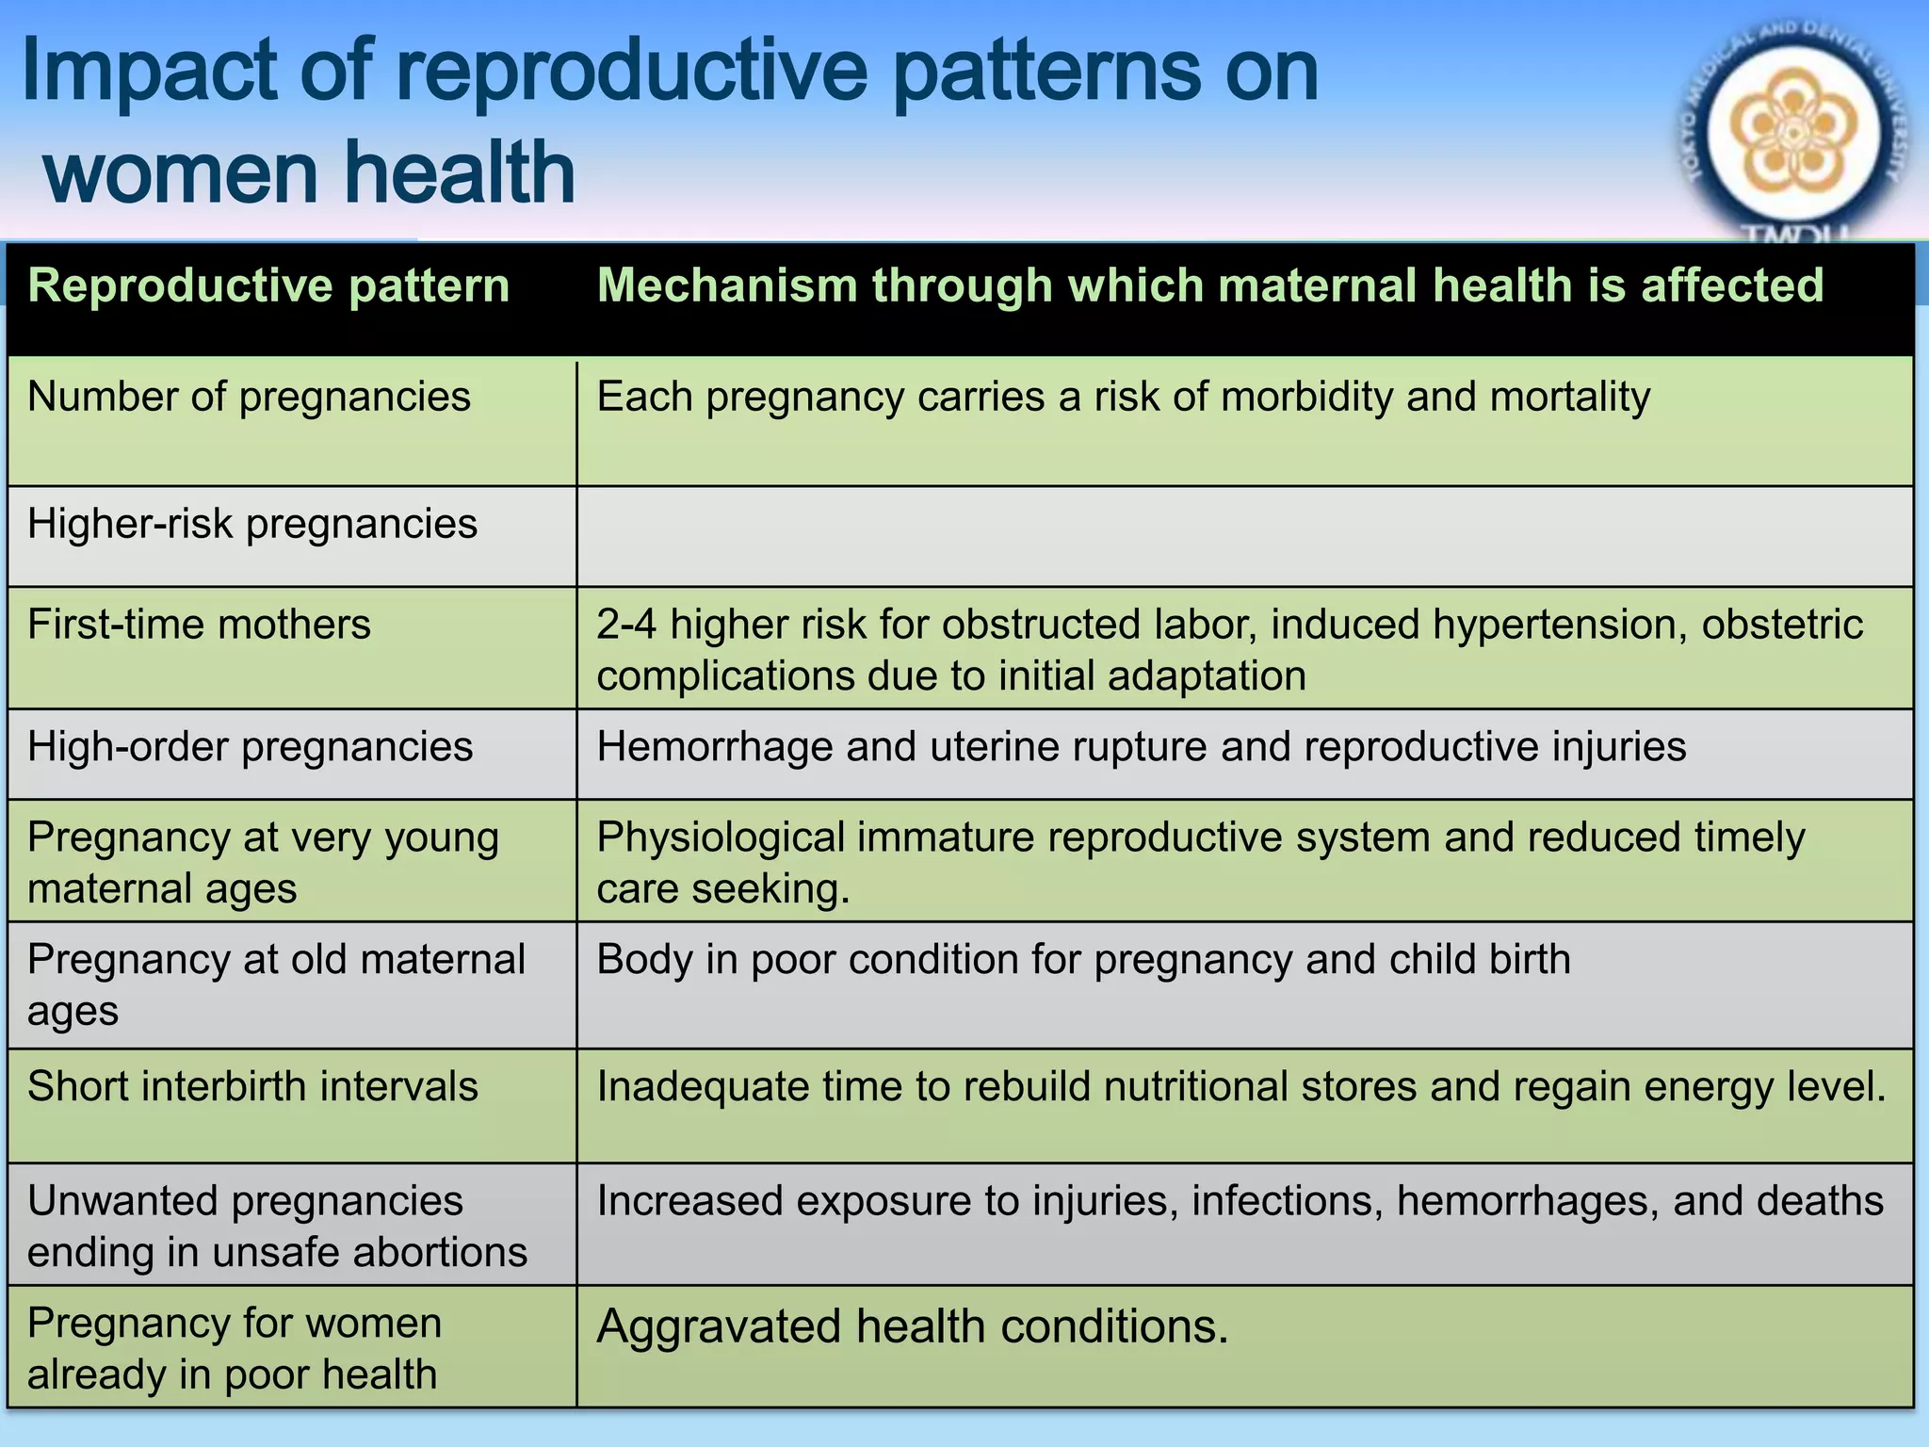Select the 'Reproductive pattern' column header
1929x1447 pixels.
point(268,285)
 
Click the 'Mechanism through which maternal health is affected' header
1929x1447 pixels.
point(1210,285)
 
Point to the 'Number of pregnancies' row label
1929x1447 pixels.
point(249,397)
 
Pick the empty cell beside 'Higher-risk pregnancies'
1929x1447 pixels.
point(1243,536)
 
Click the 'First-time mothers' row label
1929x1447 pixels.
point(199,625)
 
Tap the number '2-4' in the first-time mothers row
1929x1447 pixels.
point(625,625)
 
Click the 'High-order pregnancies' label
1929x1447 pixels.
point(250,747)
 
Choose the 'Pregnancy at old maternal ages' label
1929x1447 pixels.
point(275,984)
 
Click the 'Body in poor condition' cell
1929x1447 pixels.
point(1083,960)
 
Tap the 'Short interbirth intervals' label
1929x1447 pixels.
point(252,1086)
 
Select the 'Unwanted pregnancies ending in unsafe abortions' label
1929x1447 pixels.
point(277,1226)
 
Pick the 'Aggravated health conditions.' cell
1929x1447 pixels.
point(912,1326)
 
